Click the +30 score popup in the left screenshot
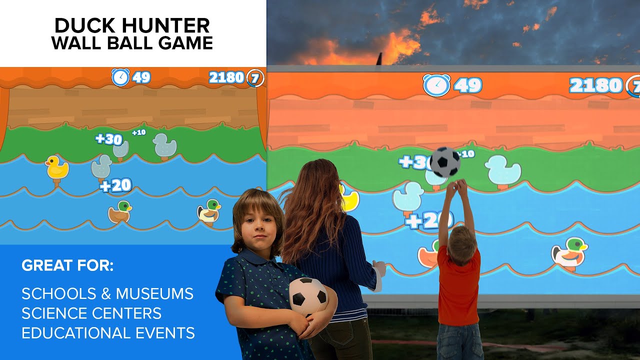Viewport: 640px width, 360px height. point(109,139)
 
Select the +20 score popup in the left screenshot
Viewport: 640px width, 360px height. point(115,186)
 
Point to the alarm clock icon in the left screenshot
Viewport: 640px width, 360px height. point(120,77)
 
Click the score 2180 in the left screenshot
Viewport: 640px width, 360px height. point(226,77)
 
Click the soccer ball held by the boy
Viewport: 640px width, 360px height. point(308,296)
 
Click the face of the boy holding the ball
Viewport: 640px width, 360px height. point(257,224)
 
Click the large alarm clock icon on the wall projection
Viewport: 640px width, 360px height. point(436,85)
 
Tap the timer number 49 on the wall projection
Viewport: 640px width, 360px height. point(468,85)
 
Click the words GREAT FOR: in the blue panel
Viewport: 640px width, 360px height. point(67,265)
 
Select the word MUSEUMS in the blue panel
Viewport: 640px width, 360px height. point(159,293)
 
